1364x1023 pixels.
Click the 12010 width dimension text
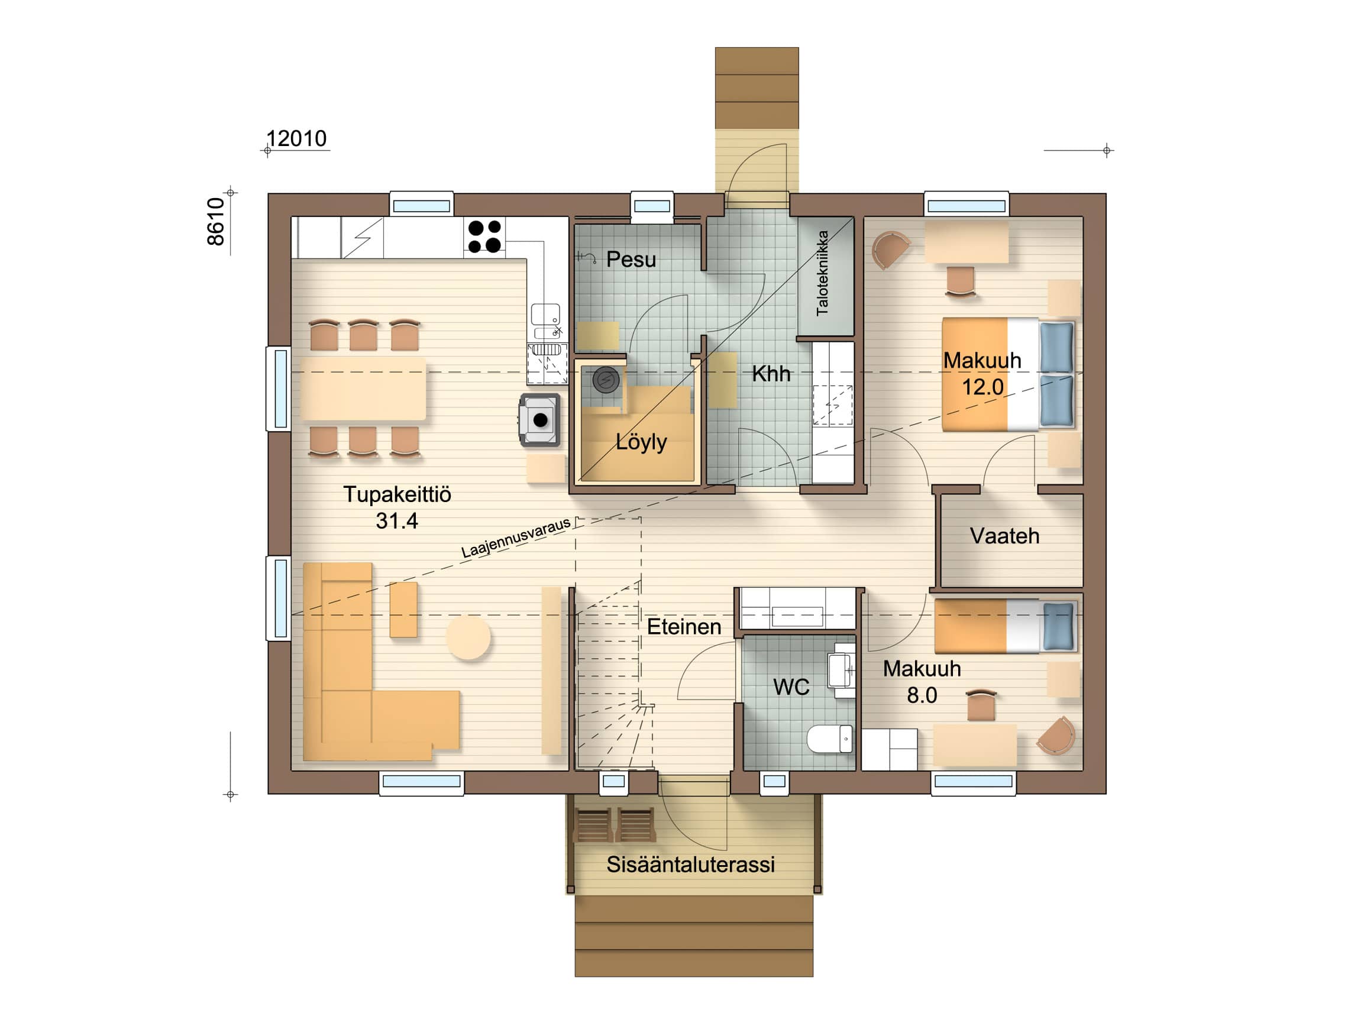296,139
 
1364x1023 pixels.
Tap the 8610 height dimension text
216,222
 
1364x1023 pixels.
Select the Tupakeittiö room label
397,494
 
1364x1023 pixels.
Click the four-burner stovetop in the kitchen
484,237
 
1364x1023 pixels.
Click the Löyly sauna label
641,442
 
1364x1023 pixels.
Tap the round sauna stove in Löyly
606,380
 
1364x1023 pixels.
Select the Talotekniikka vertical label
822,273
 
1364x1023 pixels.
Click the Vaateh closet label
1004,536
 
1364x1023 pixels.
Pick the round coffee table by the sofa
468,638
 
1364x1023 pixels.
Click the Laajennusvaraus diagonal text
516,538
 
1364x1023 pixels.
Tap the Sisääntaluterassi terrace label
691,865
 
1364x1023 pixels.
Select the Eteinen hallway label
684,627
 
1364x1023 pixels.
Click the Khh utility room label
771,374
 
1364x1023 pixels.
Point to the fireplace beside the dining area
539,420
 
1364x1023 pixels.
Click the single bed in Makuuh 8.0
1006,626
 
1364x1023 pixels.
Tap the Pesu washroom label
631,260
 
